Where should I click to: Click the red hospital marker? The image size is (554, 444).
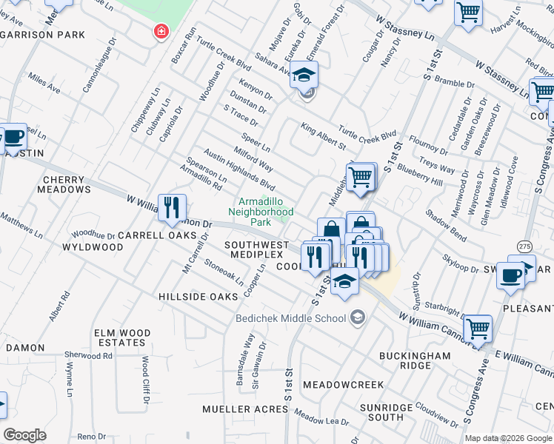coord(159,32)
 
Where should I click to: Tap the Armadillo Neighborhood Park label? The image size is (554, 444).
coord(265,212)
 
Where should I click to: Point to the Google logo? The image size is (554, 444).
coord(25,434)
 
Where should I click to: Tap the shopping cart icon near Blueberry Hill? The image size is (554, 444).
coord(360,178)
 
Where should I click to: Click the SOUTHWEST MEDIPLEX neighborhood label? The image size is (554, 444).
coord(256,249)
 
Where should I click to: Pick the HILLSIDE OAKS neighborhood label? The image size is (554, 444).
coord(198,296)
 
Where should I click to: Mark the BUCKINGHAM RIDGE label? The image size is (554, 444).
coord(415,360)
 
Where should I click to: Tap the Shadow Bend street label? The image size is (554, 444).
coord(445,225)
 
